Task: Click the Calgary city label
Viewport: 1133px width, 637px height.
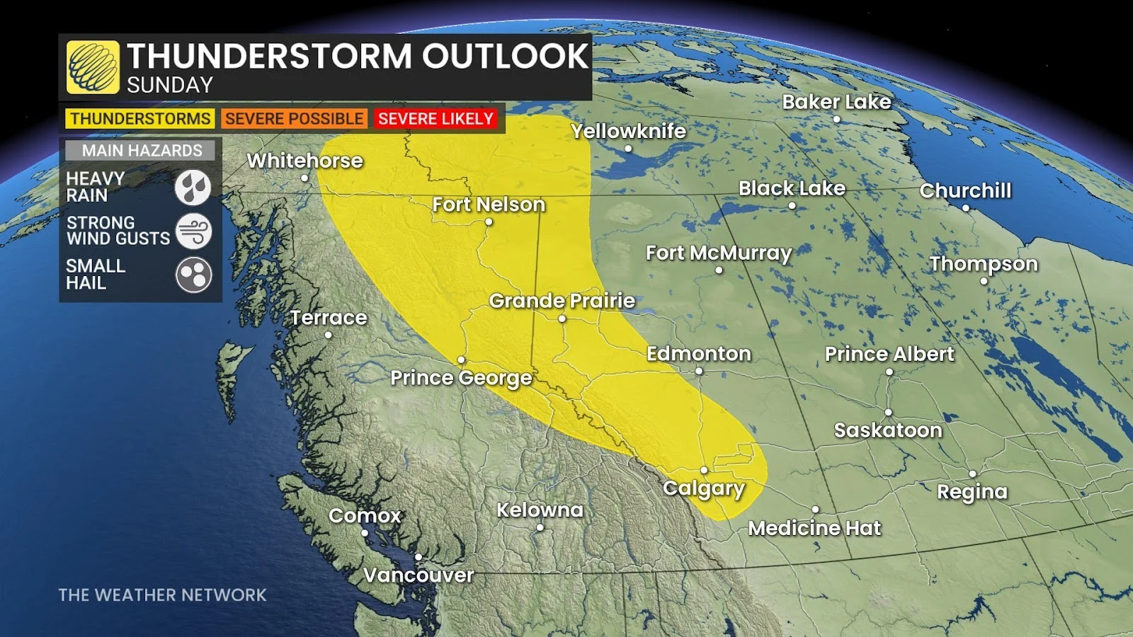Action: (703, 488)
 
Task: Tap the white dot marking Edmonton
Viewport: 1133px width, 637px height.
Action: (699, 371)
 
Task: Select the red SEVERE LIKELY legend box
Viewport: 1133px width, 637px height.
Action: (435, 119)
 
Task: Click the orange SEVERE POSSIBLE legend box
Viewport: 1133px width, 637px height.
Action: (294, 119)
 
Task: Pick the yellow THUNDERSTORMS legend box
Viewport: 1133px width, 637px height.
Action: (140, 119)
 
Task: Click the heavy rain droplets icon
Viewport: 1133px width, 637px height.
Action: (193, 188)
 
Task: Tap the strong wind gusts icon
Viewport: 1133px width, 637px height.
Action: (193, 231)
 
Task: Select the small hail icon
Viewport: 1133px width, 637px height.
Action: (193, 275)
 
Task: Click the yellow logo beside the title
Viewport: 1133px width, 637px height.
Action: (93, 67)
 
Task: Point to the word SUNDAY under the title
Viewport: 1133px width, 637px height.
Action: (170, 86)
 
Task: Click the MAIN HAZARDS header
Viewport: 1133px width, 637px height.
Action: (142, 150)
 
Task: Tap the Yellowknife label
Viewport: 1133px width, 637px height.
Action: (628, 131)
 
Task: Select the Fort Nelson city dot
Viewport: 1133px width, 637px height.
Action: (489, 222)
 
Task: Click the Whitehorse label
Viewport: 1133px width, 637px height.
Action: (304, 161)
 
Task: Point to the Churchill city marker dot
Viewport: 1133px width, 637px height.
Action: (965, 208)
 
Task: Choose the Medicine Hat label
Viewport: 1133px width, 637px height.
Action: (814, 528)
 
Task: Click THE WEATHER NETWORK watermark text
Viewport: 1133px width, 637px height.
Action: (162, 595)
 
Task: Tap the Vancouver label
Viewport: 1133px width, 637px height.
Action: (419, 575)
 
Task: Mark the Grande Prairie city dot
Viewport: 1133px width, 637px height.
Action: (562, 318)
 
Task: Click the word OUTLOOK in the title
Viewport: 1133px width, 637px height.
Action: (505, 56)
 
